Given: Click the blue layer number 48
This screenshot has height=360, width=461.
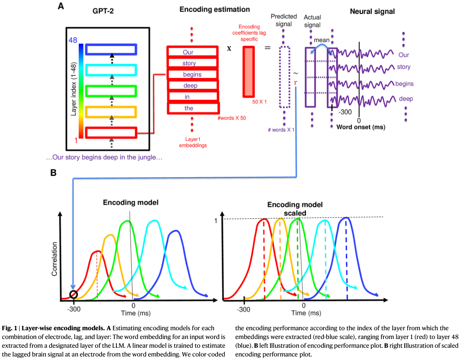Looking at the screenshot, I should [x=72, y=40].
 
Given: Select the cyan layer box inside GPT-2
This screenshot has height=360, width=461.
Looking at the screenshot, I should [x=111, y=70].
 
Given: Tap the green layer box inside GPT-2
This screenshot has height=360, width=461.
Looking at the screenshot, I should [x=111, y=91].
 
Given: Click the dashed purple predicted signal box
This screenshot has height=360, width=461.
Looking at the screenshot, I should [x=285, y=77].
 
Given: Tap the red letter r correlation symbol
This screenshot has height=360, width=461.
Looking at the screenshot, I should [x=296, y=82].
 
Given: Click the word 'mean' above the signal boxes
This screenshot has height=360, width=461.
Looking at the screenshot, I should [x=322, y=40].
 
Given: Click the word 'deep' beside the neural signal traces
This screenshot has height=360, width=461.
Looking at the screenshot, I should [x=406, y=99].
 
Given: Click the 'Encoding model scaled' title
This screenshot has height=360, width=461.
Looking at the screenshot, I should [x=295, y=209].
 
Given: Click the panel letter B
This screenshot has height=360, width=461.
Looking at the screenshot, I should [x=53, y=172].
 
